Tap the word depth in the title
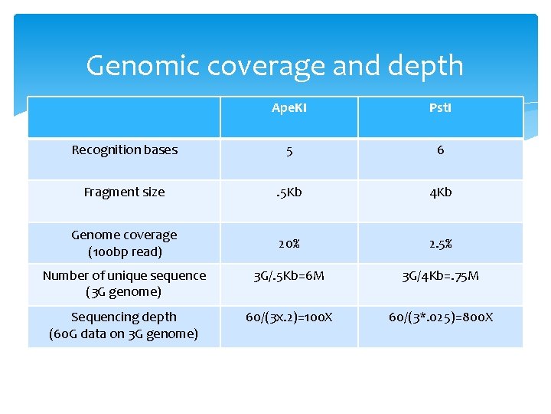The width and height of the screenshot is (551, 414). (425, 67)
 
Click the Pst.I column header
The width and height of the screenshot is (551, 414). (440, 108)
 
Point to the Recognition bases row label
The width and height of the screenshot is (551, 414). (124, 150)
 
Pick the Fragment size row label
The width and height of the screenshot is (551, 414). (124, 192)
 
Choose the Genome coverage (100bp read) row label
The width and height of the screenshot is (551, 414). (124, 243)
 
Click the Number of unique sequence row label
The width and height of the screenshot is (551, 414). (124, 284)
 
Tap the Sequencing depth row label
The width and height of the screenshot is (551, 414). (124, 325)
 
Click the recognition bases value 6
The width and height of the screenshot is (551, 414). (440, 150)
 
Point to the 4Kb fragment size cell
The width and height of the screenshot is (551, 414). (440, 192)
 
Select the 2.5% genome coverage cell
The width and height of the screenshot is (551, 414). (440, 244)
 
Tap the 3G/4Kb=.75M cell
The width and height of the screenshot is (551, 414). (440, 276)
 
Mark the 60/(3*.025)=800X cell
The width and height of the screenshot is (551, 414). (440, 317)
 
